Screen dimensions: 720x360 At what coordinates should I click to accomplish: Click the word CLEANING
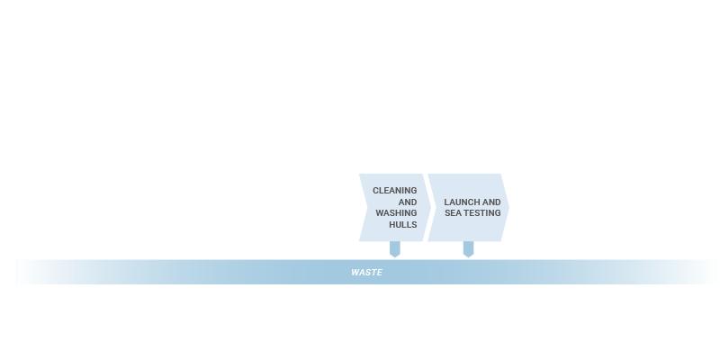pyautogui.click(x=395, y=191)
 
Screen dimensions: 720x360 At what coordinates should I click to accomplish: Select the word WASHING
pyautogui.click(x=396, y=213)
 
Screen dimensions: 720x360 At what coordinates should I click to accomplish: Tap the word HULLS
pyautogui.click(x=403, y=224)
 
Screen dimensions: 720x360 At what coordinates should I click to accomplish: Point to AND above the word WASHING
pyautogui.click(x=408, y=202)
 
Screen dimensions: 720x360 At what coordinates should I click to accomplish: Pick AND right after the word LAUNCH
pyautogui.click(x=491, y=202)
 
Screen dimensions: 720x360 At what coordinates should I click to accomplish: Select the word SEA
pyautogui.click(x=453, y=213)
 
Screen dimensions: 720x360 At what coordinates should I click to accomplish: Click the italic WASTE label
pyautogui.click(x=366, y=273)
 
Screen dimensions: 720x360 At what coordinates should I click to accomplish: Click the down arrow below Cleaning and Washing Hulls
pyautogui.click(x=395, y=249)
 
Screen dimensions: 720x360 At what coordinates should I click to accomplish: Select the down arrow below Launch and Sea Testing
pyautogui.click(x=468, y=249)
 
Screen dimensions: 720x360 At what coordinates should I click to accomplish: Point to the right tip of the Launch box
pyautogui.click(x=509, y=208)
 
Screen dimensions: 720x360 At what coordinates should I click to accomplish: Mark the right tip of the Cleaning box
pyautogui.click(x=431, y=208)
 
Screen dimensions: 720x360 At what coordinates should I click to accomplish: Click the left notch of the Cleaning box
pyautogui.click(x=367, y=208)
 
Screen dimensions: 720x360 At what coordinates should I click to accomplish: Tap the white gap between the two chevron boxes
pyautogui.click(x=427, y=208)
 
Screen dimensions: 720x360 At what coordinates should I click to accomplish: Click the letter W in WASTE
pyautogui.click(x=355, y=273)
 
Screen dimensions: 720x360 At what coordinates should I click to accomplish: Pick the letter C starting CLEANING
pyautogui.click(x=375, y=191)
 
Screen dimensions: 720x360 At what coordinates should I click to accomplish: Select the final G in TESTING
pyautogui.click(x=498, y=213)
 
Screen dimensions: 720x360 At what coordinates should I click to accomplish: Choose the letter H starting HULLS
pyautogui.click(x=392, y=224)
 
